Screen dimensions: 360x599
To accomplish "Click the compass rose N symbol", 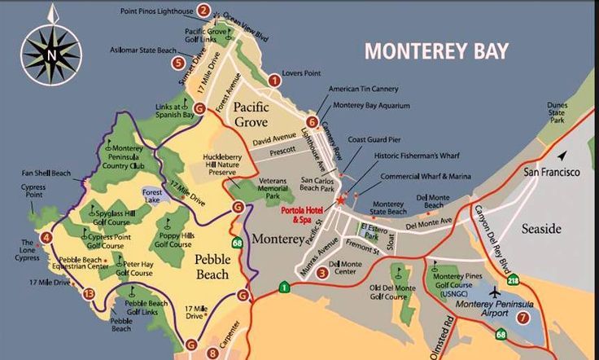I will pos(52,55).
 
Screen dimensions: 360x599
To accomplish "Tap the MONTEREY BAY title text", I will pos(436,50).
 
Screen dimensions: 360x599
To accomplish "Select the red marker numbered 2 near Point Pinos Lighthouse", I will pos(203,11).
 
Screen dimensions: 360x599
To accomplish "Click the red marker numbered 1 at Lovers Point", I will pos(274,80).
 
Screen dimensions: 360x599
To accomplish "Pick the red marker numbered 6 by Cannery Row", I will pos(313,121).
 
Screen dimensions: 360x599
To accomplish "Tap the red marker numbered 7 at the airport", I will pos(522,318).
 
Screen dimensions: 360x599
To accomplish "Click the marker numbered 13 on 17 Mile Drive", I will pos(89,294).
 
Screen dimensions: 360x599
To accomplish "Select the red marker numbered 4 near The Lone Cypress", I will pos(46,237).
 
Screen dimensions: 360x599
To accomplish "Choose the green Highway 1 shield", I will pos(283,287).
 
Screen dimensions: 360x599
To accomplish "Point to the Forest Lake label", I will pos(152,195).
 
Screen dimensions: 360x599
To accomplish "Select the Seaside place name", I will pos(541,228).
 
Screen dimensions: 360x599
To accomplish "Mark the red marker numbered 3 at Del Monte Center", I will pos(322,273).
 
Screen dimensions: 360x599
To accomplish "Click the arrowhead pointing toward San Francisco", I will pos(562,156).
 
